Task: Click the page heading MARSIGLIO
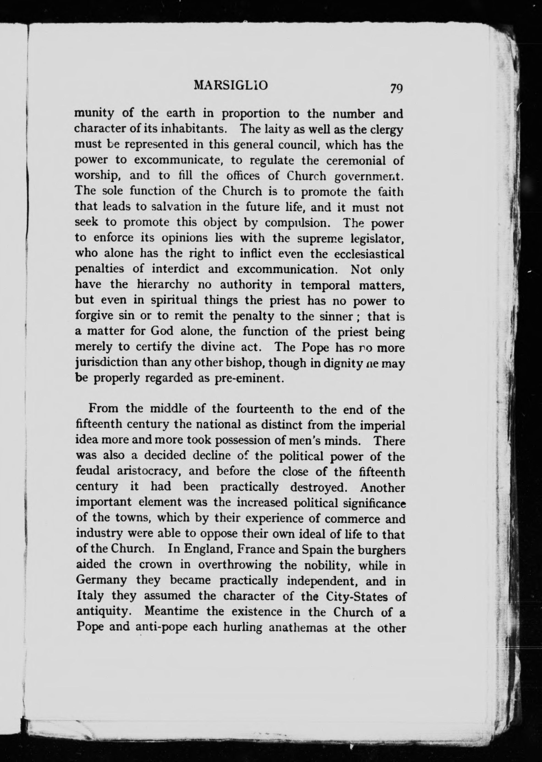[231, 86]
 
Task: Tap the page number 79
[395, 88]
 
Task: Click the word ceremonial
[351, 160]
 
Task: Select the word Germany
[101, 581]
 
